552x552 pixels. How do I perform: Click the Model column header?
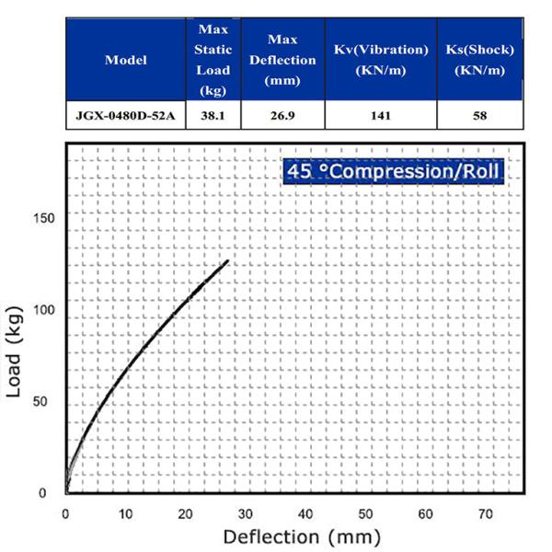126,61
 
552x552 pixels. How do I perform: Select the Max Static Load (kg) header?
214,61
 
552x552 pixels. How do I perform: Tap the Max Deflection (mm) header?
283,61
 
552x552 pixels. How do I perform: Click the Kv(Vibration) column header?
382,60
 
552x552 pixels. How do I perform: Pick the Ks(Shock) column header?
478,60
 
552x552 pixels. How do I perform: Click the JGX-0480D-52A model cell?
126,116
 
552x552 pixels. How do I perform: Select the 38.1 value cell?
214,116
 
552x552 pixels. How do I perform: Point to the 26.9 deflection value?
283,116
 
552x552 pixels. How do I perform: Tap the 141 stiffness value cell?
382,116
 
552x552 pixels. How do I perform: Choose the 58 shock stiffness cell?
478,116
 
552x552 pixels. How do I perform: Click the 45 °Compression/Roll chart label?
394,172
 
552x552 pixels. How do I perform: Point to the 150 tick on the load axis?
46,219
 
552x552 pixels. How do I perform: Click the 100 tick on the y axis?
46,310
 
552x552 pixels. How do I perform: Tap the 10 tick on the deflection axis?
125,512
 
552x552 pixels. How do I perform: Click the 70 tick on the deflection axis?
485,512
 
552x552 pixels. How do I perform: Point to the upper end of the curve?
226,261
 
